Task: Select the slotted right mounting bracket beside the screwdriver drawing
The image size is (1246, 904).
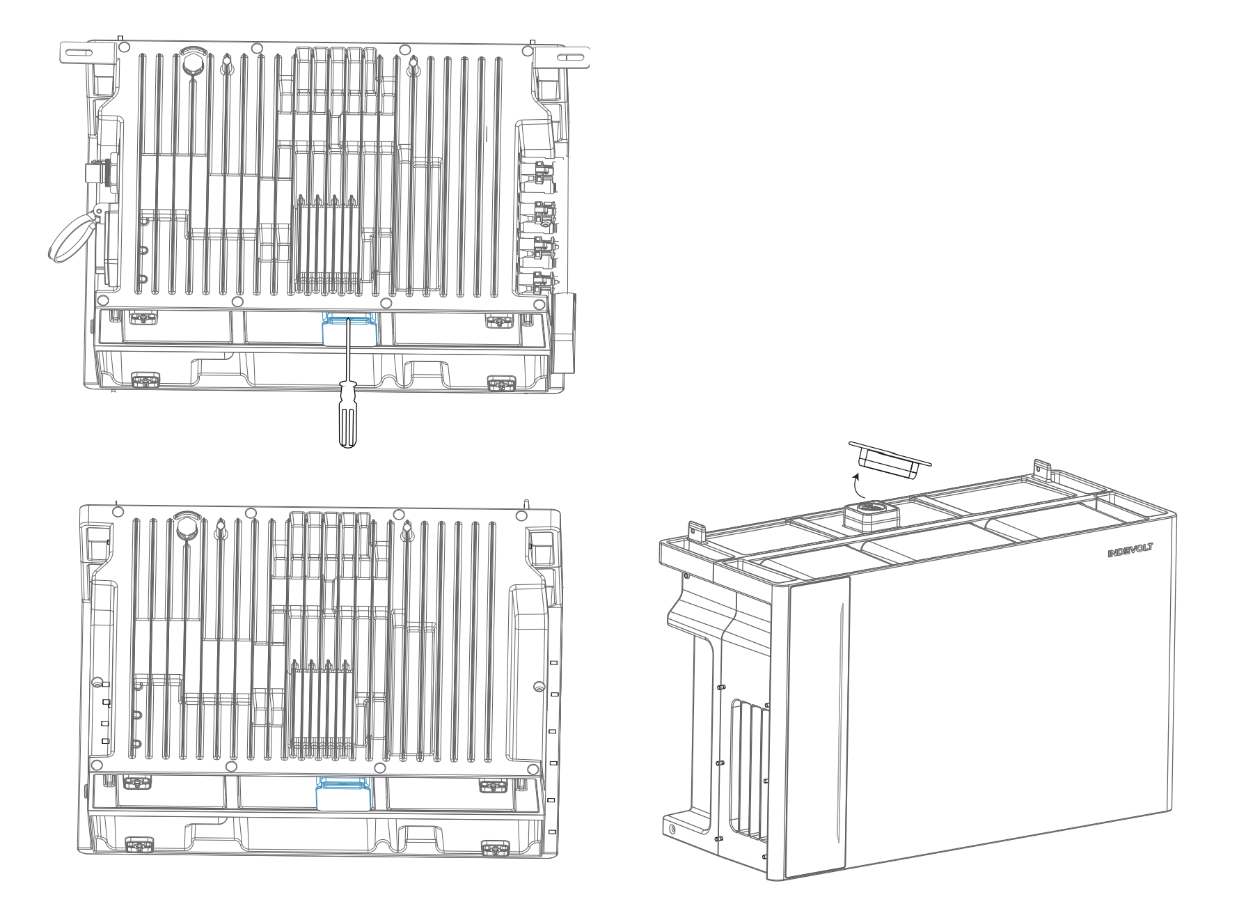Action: click(562, 55)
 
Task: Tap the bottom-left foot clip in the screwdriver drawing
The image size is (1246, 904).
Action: click(145, 380)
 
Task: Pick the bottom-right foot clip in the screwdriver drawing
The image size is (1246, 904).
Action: click(501, 383)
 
